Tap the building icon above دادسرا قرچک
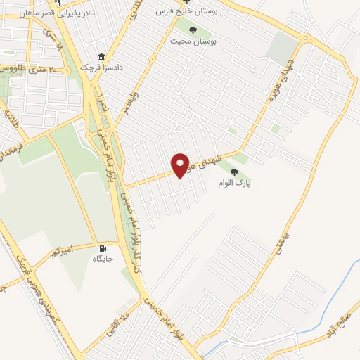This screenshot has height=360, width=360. [102, 57]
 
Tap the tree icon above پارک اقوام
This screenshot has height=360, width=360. [233, 172]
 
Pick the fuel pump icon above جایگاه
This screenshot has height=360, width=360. [104, 247]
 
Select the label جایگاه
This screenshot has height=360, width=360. [103, 259]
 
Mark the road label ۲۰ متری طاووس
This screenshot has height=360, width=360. [37, 69]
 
